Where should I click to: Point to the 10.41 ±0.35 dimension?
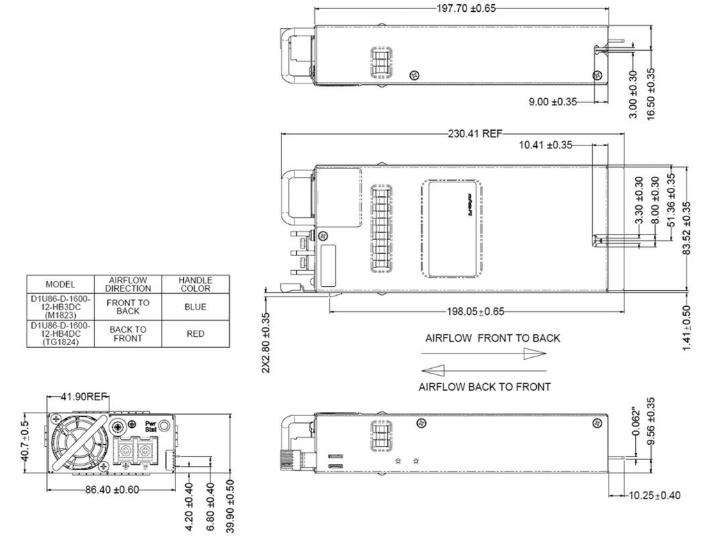(x=545, y=145)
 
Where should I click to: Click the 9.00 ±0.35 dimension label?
(x=553, y=102)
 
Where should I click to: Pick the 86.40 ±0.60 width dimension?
(x=111, y=489)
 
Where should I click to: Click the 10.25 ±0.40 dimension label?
(x=655, y=495)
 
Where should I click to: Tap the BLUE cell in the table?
(x=196, y=306)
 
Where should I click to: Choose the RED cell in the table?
(x=196, y=333)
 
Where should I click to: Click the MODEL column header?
(x=60, y=284)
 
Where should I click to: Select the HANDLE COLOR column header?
(x=196, y=284)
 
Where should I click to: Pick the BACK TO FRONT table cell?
(x=128, y=333)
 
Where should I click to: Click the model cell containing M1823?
(x=60, y=306)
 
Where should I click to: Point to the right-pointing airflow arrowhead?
(x=535, y=354)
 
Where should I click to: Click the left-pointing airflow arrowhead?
(x=432, y=370)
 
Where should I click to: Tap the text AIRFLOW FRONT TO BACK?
(x=492, y=338)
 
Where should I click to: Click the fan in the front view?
(x=77, y=442)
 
